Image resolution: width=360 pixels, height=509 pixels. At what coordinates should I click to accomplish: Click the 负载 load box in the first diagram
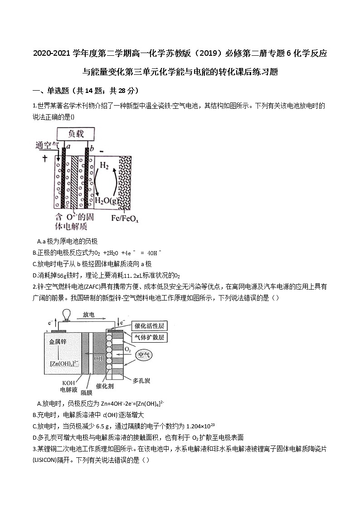[76, 134]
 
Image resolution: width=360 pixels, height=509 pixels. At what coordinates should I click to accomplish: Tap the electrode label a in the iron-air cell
[68, 147]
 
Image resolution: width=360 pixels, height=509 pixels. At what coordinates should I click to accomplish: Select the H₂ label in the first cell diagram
[104, 166]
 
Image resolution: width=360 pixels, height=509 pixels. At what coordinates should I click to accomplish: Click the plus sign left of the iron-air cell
[44, 158]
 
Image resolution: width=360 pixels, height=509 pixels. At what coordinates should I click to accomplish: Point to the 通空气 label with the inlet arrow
[47, 145]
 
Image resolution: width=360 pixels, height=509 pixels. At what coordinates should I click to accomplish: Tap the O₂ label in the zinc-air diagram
[127, 350]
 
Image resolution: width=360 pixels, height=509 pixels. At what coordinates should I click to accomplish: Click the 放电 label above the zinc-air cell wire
[89, 315]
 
